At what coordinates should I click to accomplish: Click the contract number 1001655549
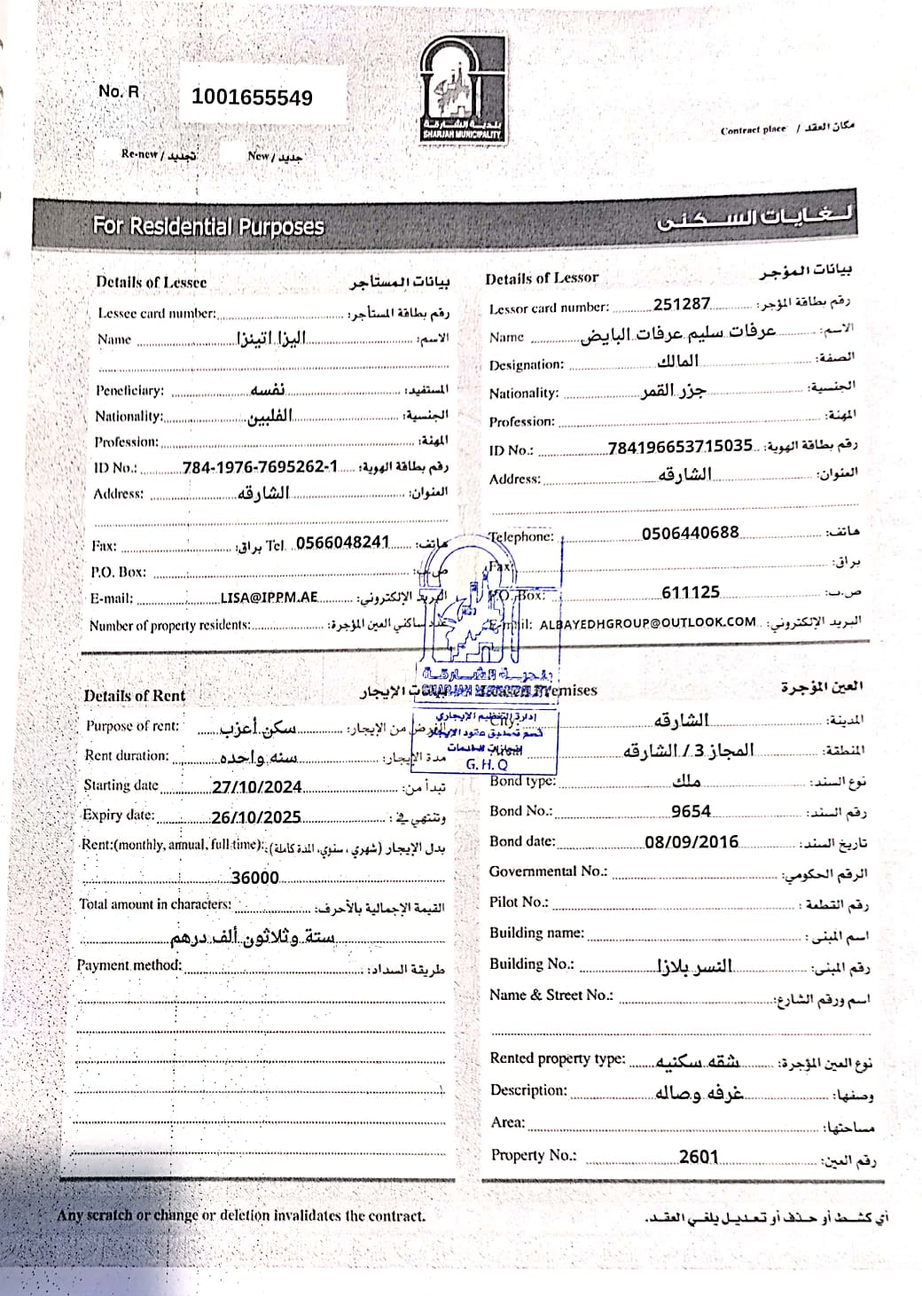(x=252, y=98)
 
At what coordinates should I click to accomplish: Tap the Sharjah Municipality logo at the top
(x=461, y=90)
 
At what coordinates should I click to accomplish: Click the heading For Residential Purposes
(x=208, y=226)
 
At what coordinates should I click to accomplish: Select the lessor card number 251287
(x=682, y=304)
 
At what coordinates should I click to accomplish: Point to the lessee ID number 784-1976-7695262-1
(x=260, y=467)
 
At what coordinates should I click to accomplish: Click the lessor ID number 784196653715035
(x=680, y=447)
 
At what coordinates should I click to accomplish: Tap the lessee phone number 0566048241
(x=342, y=543)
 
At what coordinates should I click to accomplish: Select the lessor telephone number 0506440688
(x=690, y=533)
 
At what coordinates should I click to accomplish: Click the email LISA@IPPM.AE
(x=269, y=597)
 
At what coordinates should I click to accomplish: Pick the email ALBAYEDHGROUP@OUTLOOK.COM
(x=647, y=622)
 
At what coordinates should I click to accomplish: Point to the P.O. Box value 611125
(x=691, y=592)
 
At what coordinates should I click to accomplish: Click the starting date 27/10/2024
(x=257, y=787)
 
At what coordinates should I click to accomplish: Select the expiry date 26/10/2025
(x=256, y=817)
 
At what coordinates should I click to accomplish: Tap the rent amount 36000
(x=254, y=878)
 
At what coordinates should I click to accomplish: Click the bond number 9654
(x=691, y=811)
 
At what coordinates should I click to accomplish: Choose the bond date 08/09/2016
(x=691, y=842)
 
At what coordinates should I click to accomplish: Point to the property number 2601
(x=699, y=1156)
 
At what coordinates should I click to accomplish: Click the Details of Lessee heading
(x=152, y=282)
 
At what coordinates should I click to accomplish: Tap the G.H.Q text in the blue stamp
(x=487, y=764)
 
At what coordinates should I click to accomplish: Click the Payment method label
(x=129, y=964)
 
